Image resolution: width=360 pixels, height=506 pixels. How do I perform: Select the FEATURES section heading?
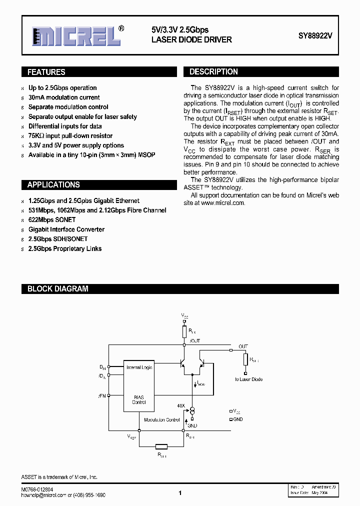pos(46,72)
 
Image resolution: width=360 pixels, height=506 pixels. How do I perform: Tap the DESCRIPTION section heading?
pos(213,72)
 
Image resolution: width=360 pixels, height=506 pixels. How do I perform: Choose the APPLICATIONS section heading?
pos(53,184)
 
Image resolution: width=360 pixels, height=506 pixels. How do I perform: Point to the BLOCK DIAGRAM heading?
pos(57,288)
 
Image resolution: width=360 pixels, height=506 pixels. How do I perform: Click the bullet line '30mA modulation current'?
pos(64,97)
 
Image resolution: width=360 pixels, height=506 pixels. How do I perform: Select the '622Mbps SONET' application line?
pos(52,220)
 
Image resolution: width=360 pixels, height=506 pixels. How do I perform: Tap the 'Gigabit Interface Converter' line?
pos(66,229)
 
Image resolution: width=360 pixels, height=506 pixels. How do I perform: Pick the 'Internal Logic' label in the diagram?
pos(139,367)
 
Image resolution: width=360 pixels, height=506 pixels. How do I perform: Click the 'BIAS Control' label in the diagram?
pos(139,399)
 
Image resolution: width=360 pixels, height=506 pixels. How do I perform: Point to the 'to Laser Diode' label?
pos(248,379)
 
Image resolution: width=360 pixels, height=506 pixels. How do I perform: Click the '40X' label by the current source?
pos(180,405)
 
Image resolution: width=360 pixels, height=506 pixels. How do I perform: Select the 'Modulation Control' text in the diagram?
pos(162,420)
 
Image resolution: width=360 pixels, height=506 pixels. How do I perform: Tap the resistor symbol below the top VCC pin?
pos(184,331)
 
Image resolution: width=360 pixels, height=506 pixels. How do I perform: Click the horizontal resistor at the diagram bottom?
pos(161,446)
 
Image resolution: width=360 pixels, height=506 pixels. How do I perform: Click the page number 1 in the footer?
pos(179,493)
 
